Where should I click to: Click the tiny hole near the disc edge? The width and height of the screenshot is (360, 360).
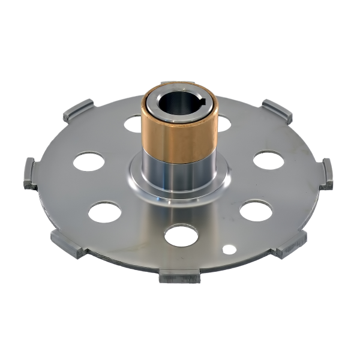(x=229, y=248)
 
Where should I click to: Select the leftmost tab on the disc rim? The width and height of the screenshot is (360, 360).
(x=31, y=173)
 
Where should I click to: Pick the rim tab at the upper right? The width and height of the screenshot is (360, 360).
(x=277, y=110)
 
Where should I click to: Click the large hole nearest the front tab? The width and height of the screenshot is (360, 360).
(x=181, y=235)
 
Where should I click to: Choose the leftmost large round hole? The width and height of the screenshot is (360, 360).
(x=88, y=161)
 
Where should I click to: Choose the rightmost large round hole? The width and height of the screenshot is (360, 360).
(x=268, y=160)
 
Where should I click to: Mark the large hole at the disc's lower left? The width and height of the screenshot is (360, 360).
(x=105, y=212)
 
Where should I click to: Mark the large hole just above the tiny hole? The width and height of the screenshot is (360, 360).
(x=256, y=211)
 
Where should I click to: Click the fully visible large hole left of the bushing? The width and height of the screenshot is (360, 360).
(x=133, y=124)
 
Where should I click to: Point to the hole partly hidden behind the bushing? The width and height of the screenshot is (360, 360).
(x=223, y=123)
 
